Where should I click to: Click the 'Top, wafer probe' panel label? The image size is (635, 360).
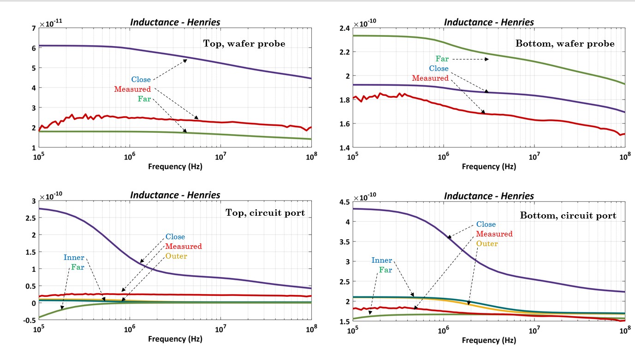point(244,44)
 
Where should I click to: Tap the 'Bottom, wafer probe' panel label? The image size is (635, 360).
point(565,44)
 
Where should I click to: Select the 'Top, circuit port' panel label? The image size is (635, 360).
point(265,212)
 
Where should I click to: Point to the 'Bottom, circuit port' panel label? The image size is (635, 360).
point(568,215)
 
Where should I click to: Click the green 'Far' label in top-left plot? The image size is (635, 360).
point(144,99)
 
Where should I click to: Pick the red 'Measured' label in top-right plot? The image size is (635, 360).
point(430,78)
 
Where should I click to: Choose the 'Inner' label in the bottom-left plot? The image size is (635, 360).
point(74,257)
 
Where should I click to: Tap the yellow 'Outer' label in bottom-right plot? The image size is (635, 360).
point(487,243)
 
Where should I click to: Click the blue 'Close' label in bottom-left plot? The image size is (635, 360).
point(175,236)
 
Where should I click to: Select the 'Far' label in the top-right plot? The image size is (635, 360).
point(442,59)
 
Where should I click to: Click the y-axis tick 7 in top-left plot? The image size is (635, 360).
point(34,28)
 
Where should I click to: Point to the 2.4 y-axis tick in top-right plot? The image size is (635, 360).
point(345,28)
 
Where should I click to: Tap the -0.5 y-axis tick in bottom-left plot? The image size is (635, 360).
point(30,320)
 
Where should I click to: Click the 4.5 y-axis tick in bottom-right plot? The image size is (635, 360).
point(345,202)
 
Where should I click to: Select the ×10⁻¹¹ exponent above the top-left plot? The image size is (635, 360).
point(51,23)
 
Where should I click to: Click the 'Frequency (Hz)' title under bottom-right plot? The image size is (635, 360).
point(489,340)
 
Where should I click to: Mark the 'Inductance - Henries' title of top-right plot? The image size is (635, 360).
point(489,22)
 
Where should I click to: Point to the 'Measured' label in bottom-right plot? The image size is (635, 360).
point(494,234)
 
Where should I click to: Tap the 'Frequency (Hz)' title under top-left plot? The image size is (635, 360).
point(175,166)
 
